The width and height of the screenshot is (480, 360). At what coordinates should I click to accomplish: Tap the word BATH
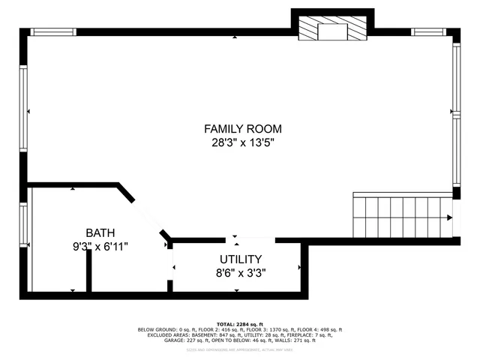100,232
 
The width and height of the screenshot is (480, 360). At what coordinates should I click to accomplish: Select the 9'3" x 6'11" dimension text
100,245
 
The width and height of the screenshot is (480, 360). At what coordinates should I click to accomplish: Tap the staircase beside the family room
403,216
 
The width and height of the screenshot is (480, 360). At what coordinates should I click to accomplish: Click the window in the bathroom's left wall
24,225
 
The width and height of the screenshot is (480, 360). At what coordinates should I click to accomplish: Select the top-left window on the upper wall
53,32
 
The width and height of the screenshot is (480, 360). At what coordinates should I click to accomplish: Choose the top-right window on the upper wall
429,32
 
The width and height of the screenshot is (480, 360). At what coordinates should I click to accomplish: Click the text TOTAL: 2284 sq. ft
239,323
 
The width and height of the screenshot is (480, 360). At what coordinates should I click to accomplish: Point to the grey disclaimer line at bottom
239,346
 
